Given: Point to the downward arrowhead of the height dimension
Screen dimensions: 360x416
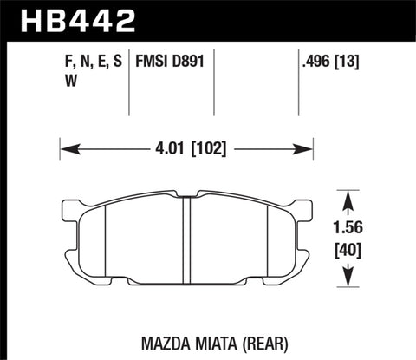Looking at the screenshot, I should tap(348, 280).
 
